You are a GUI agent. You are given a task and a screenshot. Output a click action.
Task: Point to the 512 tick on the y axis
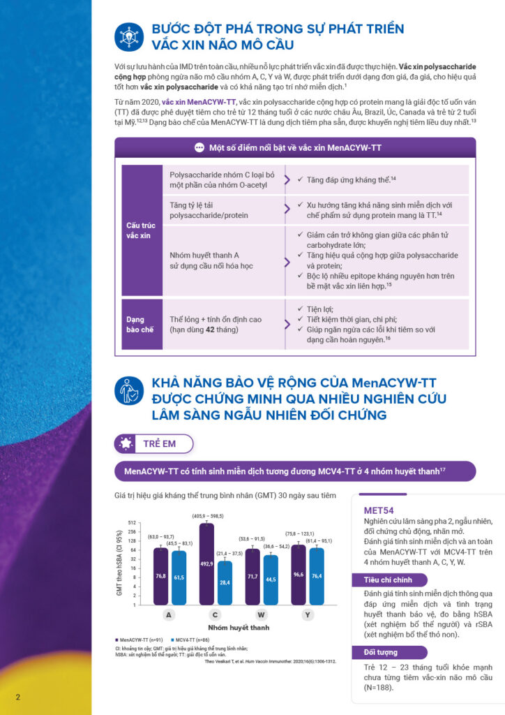(131, 522)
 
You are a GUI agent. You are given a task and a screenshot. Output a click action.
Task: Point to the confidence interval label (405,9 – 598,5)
(208, 516)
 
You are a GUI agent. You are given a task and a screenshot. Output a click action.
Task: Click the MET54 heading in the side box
(379, 510)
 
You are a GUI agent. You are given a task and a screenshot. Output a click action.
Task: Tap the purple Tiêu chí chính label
(388, 580)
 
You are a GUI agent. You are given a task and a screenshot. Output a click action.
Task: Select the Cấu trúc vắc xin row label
(140, 230)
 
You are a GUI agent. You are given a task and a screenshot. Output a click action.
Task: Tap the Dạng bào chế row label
(140, 324)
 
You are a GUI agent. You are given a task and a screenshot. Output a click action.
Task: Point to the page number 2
(17, 697)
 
